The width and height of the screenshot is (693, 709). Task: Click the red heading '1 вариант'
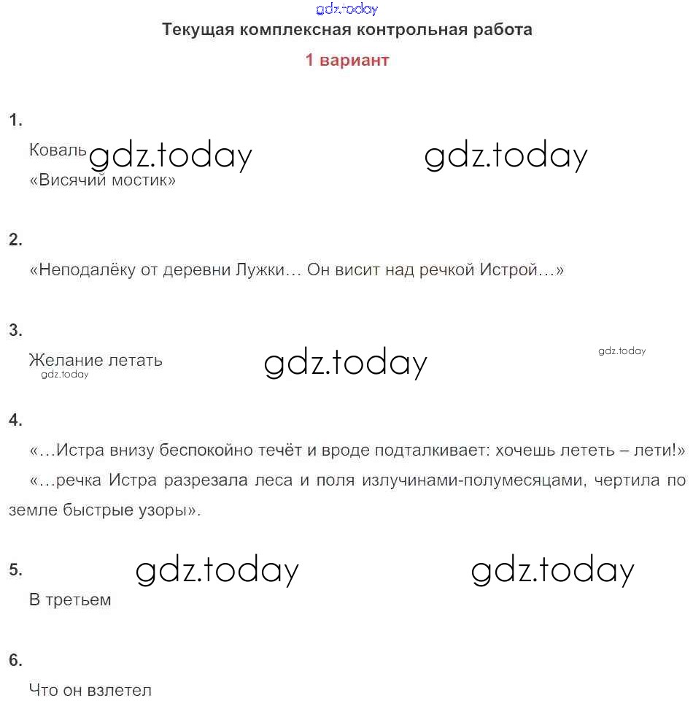[x=346, y=60]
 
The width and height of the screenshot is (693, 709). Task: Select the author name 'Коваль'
[x=58, y=150]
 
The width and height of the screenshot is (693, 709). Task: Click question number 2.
[x=15, y=239]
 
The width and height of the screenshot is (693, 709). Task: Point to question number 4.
[x=15, y=420]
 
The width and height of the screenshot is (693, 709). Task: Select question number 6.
[x=15, y=660]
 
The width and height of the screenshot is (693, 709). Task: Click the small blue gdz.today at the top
[x=347, y=9]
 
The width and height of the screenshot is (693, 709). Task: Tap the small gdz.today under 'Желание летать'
[x=65, y=375]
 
